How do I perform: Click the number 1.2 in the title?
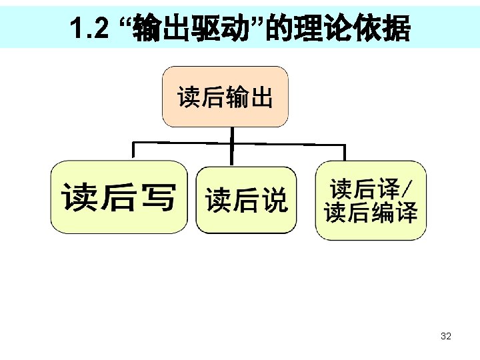[x=88, y=28]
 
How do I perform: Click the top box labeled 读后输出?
[x=225, y=97]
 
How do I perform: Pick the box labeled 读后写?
[x=119, y=197]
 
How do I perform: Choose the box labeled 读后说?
[x=246, y=199]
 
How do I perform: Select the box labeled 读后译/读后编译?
[x=371, y=200]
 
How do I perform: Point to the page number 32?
[x=446, y=336]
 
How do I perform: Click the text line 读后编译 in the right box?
[x=371, y=213]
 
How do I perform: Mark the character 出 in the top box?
[x=262, y=98]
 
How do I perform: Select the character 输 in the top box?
[x=237, y=98]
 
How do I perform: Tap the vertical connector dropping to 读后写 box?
[x=134, y=151]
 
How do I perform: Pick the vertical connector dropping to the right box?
[x=344, y=152]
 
